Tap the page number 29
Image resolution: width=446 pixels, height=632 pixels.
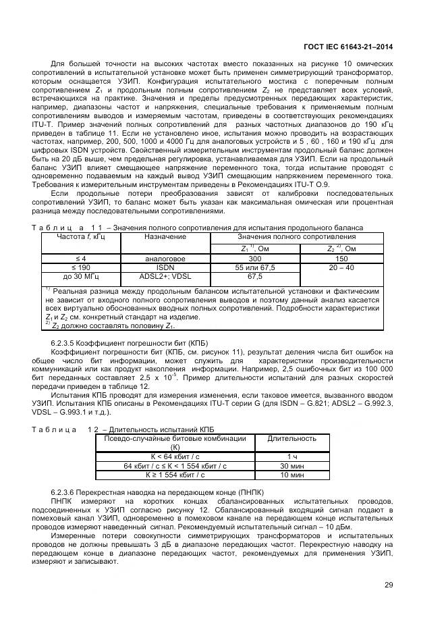(389, 585)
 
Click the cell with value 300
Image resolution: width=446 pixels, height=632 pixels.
(255, 259)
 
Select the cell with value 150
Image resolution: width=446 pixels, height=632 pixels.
(341, 259)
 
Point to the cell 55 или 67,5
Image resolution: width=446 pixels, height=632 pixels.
(255, 267)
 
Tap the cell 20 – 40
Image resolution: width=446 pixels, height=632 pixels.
(341, 267)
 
